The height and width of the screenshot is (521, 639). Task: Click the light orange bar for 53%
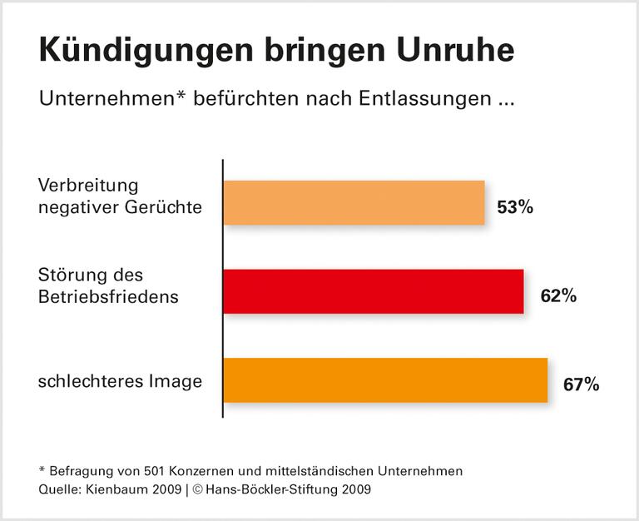click(354, 202)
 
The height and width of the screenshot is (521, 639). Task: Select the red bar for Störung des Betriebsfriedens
click(374, 291)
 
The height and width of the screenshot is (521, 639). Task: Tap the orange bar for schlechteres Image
click(385, 380)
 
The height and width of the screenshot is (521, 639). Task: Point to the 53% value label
click(514, 207)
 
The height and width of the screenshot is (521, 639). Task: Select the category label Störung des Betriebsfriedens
click(108, 285)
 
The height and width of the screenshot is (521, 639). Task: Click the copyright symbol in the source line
click(198, 489)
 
